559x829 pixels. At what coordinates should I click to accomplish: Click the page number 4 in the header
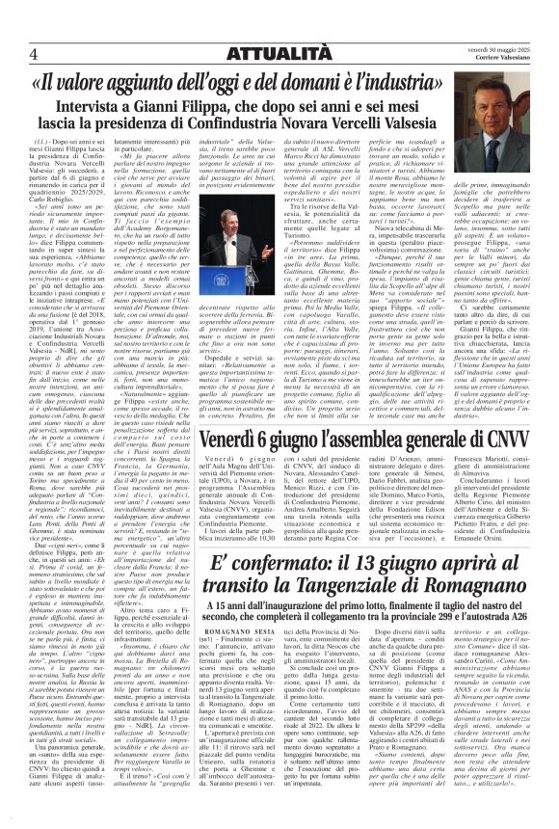[x=33, y=51]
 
